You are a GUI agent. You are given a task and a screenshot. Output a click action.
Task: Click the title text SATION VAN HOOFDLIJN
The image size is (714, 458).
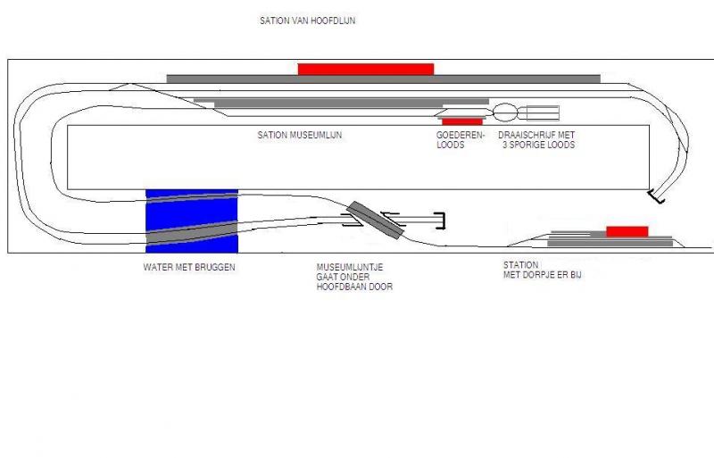[307, 21]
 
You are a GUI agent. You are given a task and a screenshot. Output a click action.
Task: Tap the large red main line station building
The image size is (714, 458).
[366, 70]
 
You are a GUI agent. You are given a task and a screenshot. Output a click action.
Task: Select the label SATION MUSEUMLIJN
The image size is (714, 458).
[300, 135]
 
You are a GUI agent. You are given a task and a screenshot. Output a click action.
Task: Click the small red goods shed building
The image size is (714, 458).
[462, 121]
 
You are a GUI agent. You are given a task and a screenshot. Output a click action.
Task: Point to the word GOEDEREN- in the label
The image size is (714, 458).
[461, 135]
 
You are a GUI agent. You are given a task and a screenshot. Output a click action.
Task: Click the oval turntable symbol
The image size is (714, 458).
[505, 112]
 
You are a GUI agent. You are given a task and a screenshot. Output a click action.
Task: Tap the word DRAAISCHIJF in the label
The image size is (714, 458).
[526, 135]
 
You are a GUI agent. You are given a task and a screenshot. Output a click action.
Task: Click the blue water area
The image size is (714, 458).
[192, 221]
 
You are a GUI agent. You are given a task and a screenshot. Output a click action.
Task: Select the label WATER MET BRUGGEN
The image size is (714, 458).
[189, 267]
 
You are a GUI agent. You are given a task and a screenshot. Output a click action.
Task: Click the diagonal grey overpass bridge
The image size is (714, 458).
[376, 220]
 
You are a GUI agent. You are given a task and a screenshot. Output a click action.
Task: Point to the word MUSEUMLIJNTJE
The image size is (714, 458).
[350, 267]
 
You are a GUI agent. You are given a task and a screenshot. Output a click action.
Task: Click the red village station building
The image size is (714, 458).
[627, 231]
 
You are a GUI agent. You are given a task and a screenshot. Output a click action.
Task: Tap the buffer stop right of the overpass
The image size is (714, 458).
[440, 221]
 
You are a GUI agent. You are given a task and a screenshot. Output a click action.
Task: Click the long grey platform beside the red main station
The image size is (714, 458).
[384, 79]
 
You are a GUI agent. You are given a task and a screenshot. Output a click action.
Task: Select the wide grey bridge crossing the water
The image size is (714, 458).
[192, 232]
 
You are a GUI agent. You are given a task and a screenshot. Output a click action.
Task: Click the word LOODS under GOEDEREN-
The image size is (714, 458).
[451, 145]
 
